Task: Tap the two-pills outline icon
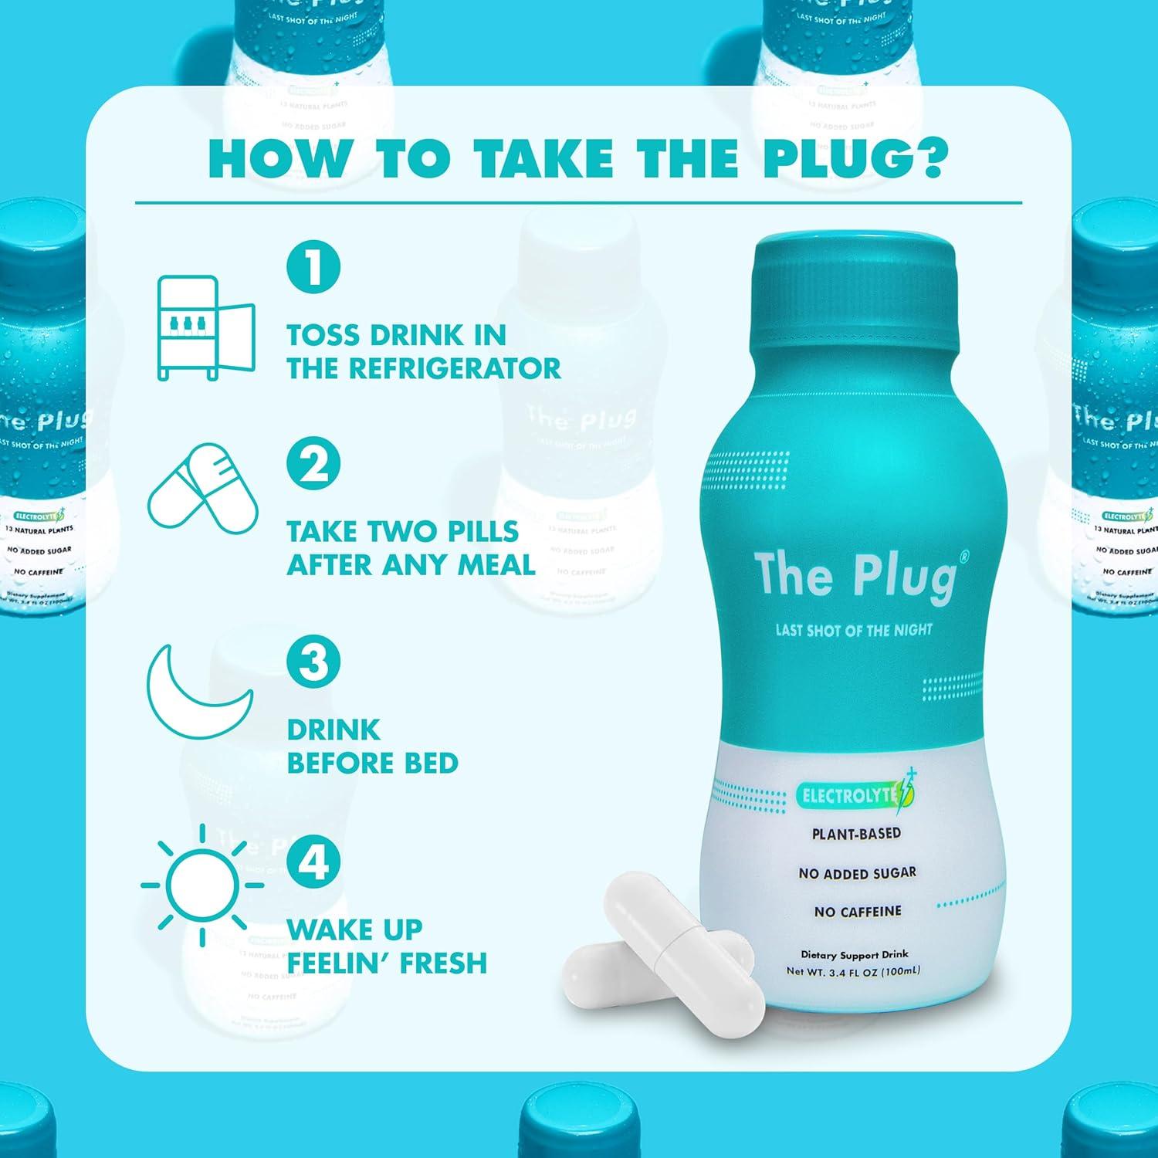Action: click(x=203, y=484)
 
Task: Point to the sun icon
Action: click(x=202, y=885)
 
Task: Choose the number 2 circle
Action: click(x=313, y=464)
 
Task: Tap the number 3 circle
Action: click(x=313, y=662)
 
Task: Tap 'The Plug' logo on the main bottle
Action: click(x=855, y=575)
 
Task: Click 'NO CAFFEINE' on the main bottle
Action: click(x=857, y=912)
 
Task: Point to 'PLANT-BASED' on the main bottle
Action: click(x=856, y=834)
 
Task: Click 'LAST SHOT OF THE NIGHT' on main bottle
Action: click(x=854, y=630)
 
